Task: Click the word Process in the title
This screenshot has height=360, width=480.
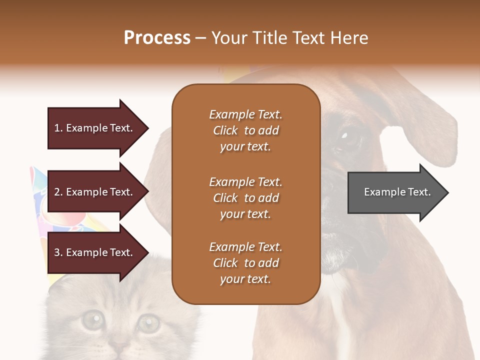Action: tap(157, 38)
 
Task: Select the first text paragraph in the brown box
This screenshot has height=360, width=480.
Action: tap(245, 130)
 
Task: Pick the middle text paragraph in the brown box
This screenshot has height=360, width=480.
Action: tap(245, 198)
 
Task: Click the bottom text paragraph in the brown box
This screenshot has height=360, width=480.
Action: tap(245, 263)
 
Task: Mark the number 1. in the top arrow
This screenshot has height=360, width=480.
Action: tap(58, 128)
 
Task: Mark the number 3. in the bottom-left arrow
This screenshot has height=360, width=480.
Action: tap(58, 252)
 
